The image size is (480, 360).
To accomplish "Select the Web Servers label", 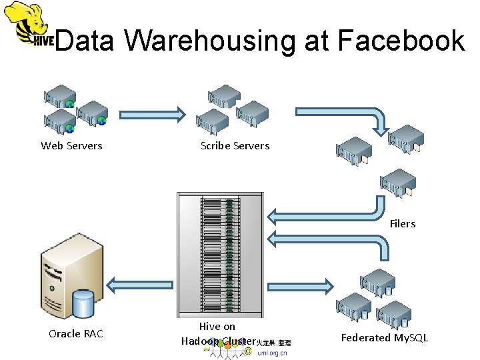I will [72, 145].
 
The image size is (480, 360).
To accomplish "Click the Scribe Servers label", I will [235, 145].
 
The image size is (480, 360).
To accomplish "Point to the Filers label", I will [403, 223].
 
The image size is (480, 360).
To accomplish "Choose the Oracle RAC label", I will [76, 333].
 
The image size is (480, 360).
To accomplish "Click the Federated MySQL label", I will [385, 338].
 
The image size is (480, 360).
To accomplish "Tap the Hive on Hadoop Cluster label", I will [217, 333].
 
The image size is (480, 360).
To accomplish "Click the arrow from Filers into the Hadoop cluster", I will [327, 215].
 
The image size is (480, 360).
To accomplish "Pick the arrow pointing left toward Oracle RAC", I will [139, 285].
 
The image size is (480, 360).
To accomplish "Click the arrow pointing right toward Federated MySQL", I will [301, 285].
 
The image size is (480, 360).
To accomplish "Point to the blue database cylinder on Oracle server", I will [83, 305].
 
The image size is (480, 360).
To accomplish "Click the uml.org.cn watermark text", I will [272, 353].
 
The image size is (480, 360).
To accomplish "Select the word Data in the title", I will [87, 41].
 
